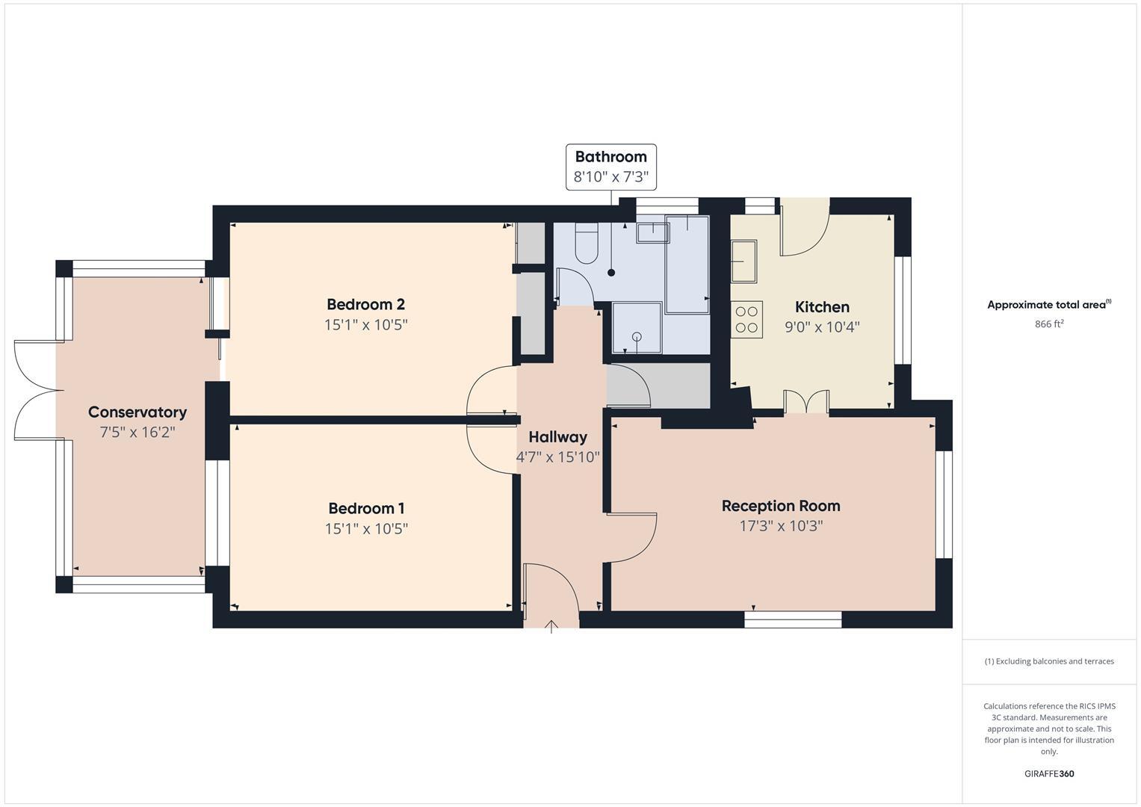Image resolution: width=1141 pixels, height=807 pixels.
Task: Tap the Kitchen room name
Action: tap(822, 307)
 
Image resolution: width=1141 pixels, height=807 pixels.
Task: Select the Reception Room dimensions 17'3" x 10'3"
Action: tap(781, 526)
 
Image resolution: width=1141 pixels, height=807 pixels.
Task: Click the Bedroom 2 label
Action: tap(365, 304)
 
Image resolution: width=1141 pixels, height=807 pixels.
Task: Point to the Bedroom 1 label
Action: tap(366, 509)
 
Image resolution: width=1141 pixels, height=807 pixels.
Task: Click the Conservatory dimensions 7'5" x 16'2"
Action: tap(137, 433)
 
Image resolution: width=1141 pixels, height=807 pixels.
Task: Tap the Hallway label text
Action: tap(557, 437)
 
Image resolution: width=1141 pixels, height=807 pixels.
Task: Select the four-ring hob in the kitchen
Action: tap(746, 319)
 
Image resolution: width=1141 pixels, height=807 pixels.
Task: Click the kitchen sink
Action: tap(743, 260)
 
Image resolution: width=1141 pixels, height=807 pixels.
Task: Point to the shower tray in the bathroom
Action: tap(637, 328)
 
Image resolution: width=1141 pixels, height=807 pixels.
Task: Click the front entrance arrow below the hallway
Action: tap(551, 626)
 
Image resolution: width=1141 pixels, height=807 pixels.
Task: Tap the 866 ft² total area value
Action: tap(1049, 324)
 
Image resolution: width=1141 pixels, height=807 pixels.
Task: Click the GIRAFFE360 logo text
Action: tap(1049, 774)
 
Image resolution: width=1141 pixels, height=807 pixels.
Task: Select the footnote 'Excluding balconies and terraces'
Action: tap(1049, 661)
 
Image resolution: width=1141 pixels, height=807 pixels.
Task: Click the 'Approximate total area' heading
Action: tap(1049, 305)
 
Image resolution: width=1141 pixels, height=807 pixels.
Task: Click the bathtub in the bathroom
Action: tap(687, 265)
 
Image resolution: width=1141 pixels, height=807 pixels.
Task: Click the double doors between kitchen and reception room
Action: tap(806, 402)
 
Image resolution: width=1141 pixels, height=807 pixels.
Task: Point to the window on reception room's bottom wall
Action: tap(793, 619)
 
